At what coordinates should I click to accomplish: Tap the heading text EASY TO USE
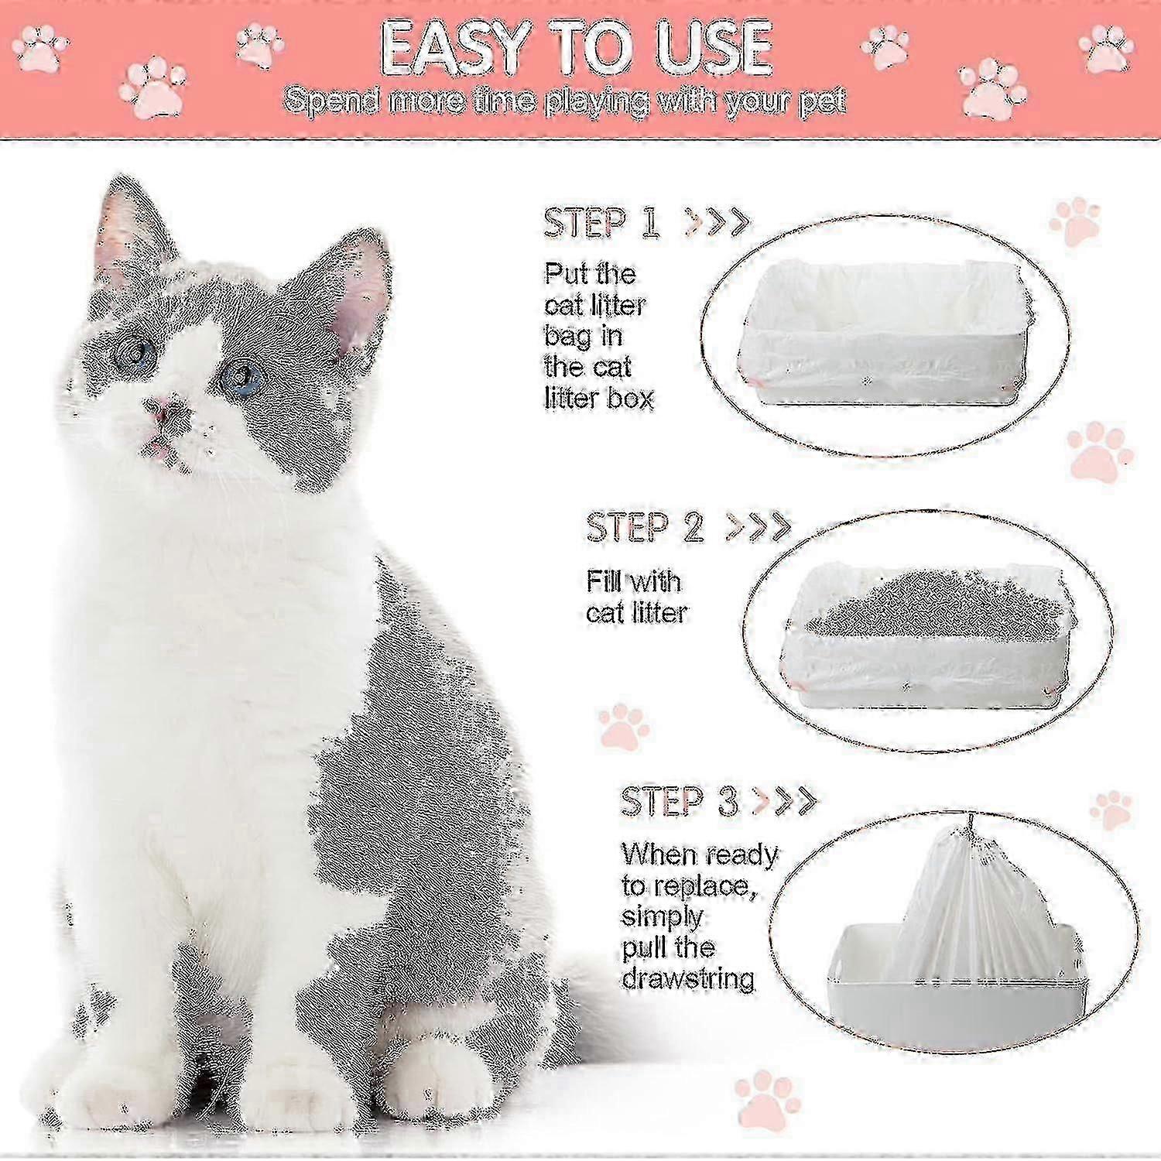pos(577,48)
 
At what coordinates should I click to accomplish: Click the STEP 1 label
pos(601,224)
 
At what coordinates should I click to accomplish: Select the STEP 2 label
pos(645,527)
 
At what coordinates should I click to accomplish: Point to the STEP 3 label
pos(679,802)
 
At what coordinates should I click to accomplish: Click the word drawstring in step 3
pos(688,978)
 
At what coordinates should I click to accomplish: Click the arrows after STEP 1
pos(717,223)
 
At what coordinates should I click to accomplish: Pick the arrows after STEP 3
pos(784,800)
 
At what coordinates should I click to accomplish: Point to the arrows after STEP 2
pos(758,527)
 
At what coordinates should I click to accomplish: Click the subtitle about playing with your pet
pos(565,101)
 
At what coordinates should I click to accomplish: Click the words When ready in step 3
pos(700,854)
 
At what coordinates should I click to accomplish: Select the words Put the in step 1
pos(590,274)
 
